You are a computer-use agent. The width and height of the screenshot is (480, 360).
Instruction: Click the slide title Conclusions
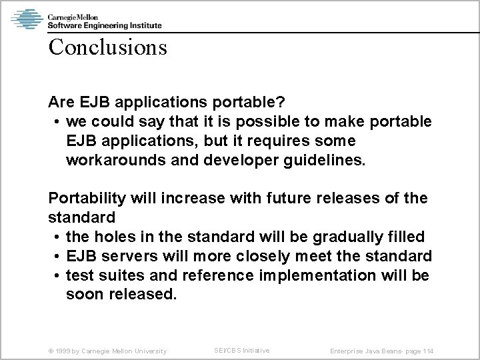(x=107, y=48)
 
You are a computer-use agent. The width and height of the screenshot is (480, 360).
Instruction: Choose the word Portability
(x=87, y=199)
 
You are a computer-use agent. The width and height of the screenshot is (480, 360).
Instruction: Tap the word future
(x=297, y=199)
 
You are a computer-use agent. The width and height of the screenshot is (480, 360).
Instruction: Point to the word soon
(x=83, y=294)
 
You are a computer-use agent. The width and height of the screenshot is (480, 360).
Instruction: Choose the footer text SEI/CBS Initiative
(x=241, y=350)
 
